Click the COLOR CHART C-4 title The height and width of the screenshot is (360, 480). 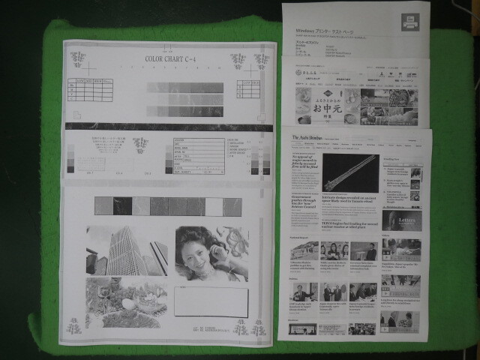173,57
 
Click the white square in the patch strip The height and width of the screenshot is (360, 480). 214,206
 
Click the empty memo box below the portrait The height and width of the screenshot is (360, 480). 211,301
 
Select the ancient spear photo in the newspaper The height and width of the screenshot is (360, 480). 350,172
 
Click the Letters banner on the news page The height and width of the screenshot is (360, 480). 401,220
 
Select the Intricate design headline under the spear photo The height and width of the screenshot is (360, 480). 348,199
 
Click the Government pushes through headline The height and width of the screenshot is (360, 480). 304,201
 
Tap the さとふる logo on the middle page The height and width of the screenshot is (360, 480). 303,75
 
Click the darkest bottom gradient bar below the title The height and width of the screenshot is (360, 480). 185,112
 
